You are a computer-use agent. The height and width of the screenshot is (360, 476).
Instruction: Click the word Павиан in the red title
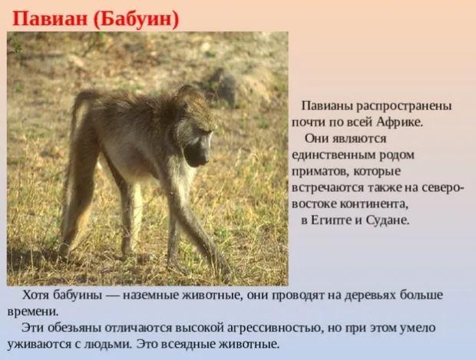[50, 19]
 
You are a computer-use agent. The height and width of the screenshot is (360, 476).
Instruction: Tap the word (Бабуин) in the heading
[137, 20]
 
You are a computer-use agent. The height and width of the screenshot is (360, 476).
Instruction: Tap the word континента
[373, 204]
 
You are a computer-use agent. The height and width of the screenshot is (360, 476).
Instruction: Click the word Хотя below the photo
[35, 295]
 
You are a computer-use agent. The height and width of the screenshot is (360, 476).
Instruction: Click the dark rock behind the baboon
[223, 87]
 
